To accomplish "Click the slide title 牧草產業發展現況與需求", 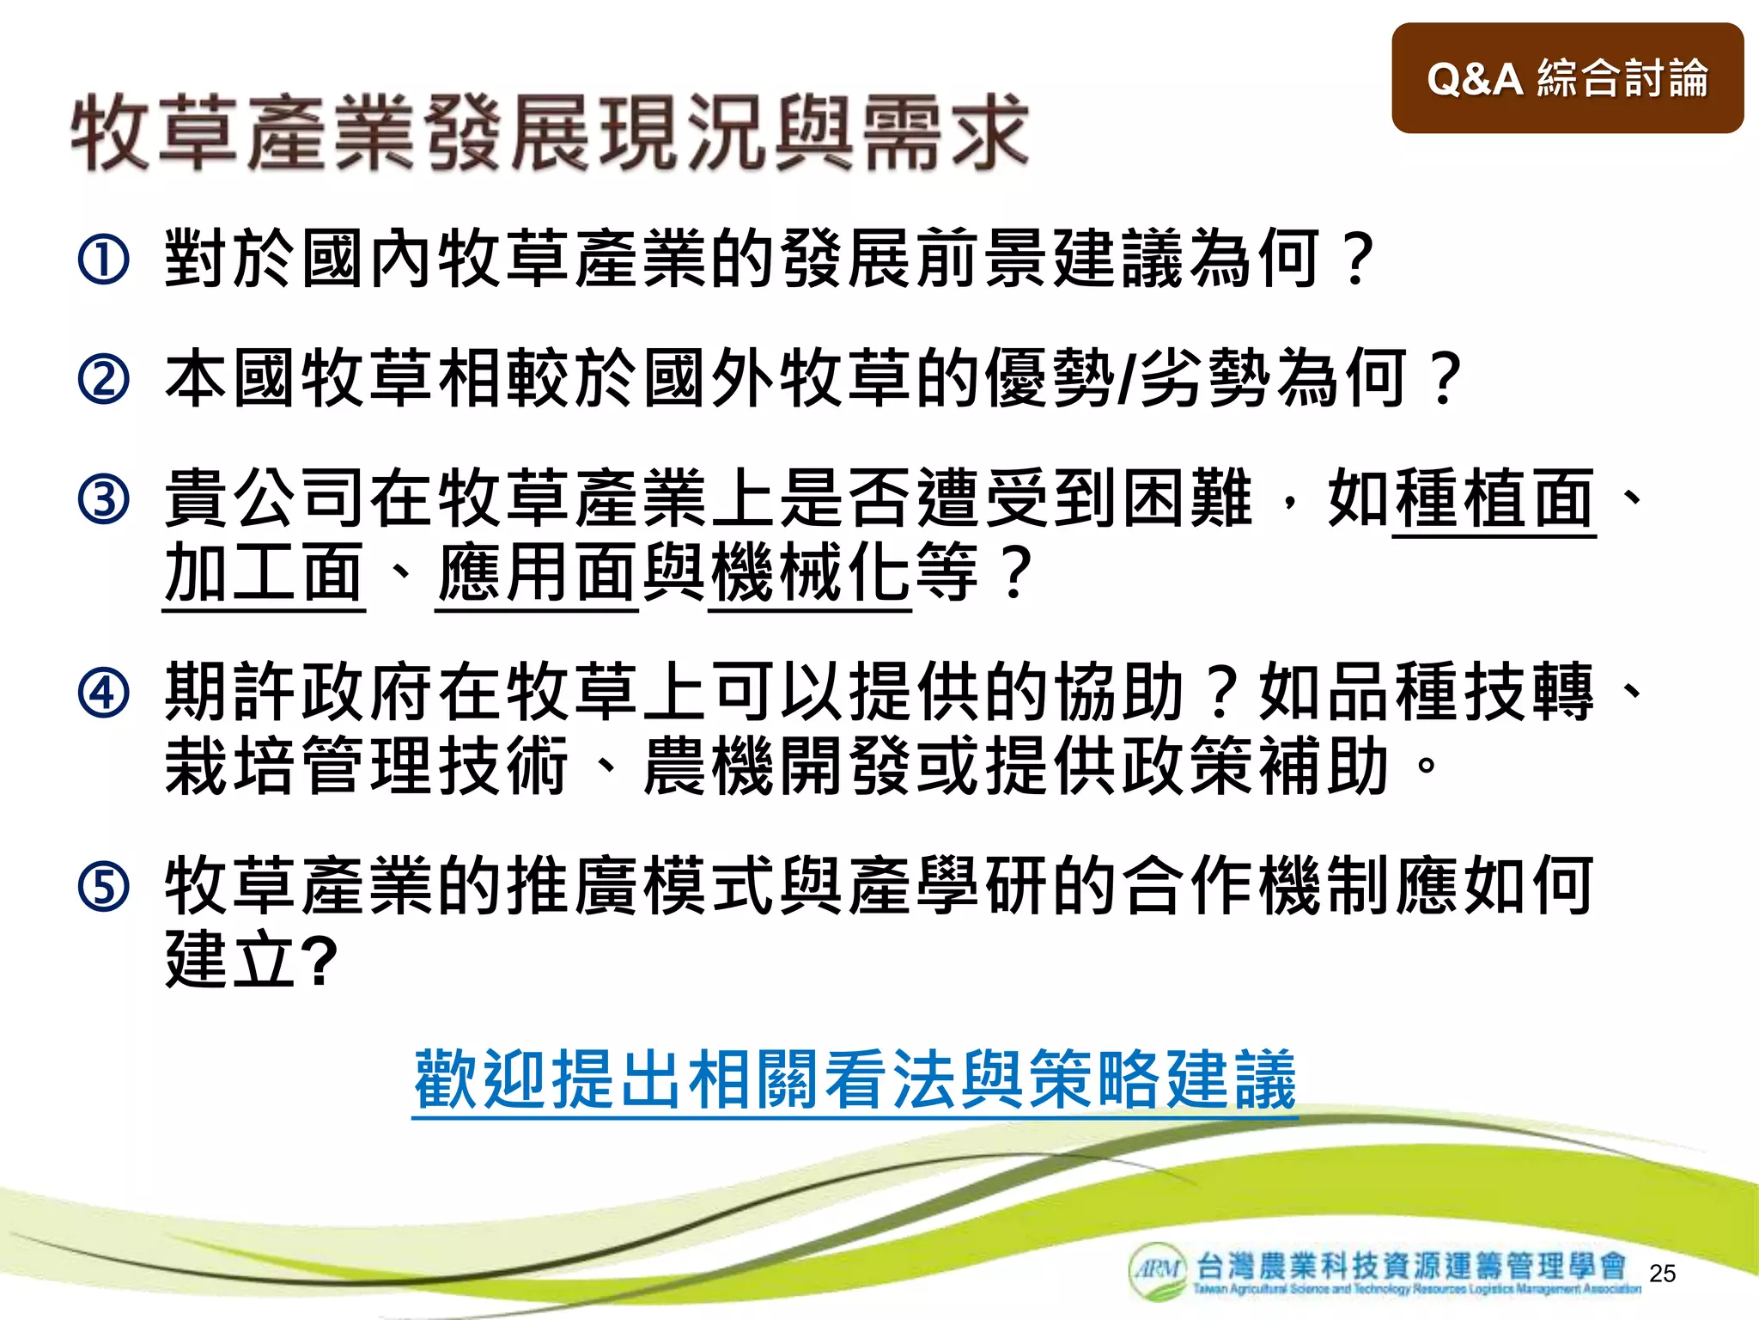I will click(x=550, y=133).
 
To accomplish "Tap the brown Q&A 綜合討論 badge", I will click(x=1567, y=78).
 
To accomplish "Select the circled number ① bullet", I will click(x=103, y=260).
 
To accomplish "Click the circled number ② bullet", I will click(x=103, y=379).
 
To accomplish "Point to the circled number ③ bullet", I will click(x=103, y=499).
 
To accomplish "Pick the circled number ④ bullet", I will click(x=103, y=693).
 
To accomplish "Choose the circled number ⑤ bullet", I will click(x=103, y=886).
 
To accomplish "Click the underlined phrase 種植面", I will click(x=1494, y=499).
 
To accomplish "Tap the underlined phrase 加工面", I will click(x=264, y=573).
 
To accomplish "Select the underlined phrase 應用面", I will click(x=537, y=573).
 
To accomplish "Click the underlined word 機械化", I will click(x=810, y=573).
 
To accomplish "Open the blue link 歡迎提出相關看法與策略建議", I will click(x=855, y=1080).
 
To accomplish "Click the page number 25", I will click(x=1662, y=1274).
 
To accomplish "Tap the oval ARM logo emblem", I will click(x=1158, y=1268).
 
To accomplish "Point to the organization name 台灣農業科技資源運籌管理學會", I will click(x=1411, y=1266).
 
